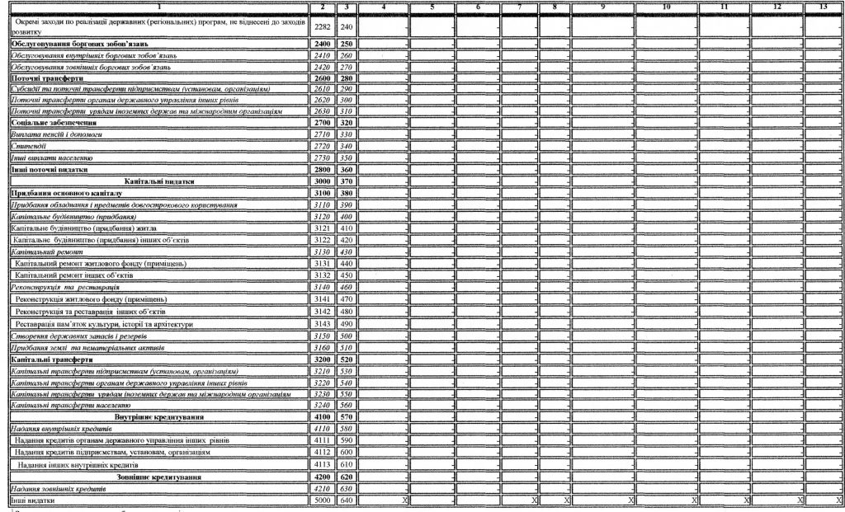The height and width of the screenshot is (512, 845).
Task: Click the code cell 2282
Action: [x=323, y=27]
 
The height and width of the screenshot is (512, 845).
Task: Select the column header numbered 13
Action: [x=823, y=7]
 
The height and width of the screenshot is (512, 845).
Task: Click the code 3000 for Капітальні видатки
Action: [x=323, y=181]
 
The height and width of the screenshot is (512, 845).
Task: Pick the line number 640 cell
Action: [x=347, y=500]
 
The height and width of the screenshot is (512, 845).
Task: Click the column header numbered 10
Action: [x=666, y=7]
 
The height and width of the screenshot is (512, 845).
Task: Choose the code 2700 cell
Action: [x=323, y=122]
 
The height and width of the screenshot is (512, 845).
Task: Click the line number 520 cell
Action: [x=347, y=359]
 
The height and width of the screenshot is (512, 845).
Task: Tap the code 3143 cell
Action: [x=323, y=324]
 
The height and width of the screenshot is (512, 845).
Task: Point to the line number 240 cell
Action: [x=347, y=27]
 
